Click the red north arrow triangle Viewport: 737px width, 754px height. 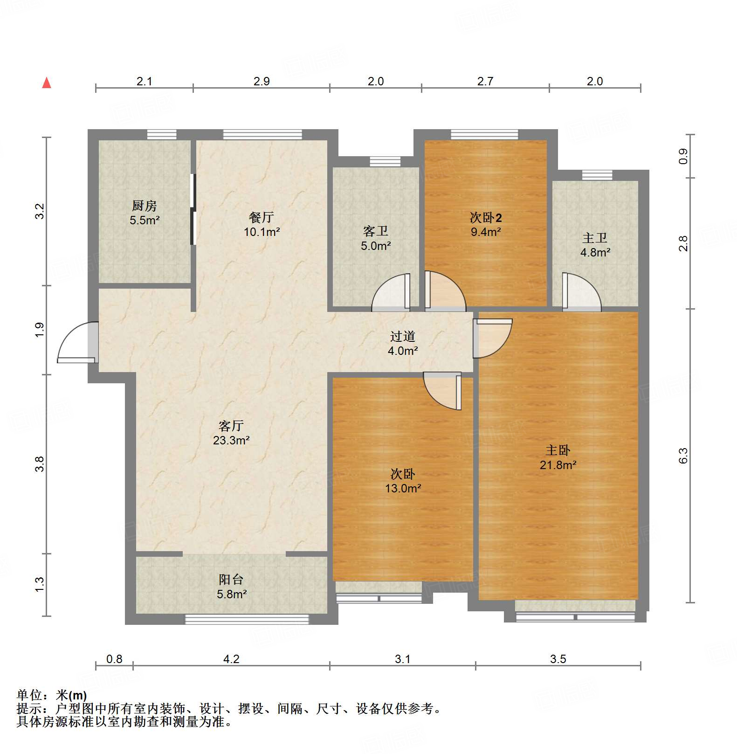[x=47, y=83]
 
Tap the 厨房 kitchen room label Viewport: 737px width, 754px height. [x=144, y=206]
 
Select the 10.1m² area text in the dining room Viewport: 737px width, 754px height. [x=262, y=232]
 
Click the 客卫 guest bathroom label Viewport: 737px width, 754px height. [x=375, y=231]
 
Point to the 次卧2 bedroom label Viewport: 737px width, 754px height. [x=485, y=218]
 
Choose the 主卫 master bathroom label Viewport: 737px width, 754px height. [x=595, y=238]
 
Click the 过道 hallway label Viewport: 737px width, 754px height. [x=402, y=336]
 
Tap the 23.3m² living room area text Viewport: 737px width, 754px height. [x=231, y=440]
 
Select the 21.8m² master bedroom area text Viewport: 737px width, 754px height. [x=558, y=465]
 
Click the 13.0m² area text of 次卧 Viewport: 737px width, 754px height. [x=403, y=488]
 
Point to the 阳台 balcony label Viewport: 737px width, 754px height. [x=231, y=580]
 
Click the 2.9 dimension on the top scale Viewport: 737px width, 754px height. [x=262, y=81]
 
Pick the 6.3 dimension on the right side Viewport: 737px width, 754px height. [x=683, y=456]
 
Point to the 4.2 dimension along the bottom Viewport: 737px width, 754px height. [x=231, y=659]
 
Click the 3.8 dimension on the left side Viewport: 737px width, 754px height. [x=40, y=464]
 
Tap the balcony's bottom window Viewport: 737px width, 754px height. [x=247, y=619]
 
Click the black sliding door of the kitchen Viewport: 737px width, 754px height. [x=193, y=209]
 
